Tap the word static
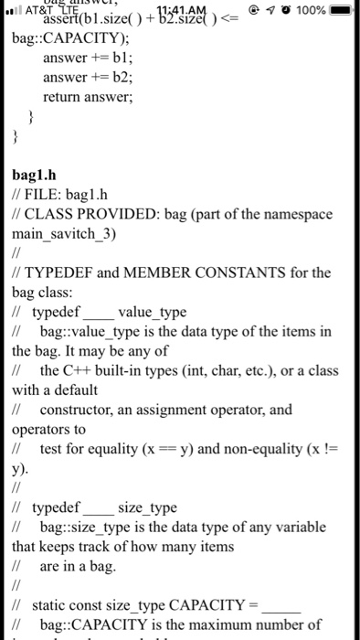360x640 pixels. (x=50, y=606)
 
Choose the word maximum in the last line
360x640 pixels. (x=250, y=625)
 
